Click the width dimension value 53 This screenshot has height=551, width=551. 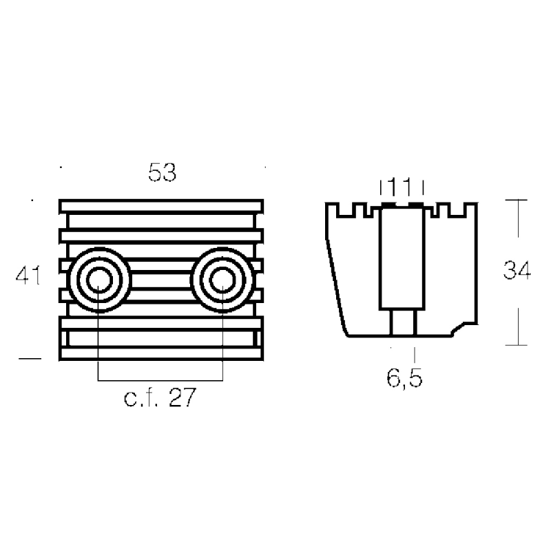point(163,172)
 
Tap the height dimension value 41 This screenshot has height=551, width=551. point(28,276)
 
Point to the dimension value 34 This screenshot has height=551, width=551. point(517,271)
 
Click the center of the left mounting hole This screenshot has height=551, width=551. point(98,281)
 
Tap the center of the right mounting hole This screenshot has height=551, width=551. point(222,281)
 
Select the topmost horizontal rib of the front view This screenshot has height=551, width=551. point(162,206)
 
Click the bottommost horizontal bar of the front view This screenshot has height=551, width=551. point(162,354)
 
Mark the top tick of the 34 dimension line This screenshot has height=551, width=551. point(517,200)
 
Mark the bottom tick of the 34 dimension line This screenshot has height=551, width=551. point(517,344)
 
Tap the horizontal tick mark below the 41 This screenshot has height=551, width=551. point(30,357)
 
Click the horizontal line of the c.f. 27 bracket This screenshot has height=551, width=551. point(160,380)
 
